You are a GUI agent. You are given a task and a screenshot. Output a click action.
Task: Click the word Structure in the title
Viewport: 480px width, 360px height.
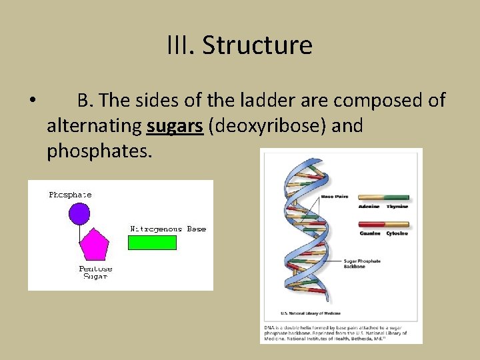[x=257, y=45]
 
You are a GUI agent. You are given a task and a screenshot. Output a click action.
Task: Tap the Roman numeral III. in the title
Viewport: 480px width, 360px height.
[x=181, y=45]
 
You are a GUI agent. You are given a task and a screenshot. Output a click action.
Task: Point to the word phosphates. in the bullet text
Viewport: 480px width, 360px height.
[x=100, y=151]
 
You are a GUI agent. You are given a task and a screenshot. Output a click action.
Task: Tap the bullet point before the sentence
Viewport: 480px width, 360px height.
[x=32, y=101]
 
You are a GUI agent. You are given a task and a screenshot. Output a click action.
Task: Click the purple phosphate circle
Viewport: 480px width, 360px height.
[x=79, y=213]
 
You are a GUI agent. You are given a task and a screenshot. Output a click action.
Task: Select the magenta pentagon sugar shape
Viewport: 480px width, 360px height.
[x=93, y=245]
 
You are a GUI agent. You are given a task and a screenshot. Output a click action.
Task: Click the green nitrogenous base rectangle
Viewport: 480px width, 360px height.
[x=153, y=242]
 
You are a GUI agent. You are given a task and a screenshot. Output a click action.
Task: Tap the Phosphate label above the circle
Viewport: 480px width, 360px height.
[x=70, y=195]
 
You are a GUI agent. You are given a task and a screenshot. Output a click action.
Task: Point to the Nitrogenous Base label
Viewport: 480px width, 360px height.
[x=168, y=229]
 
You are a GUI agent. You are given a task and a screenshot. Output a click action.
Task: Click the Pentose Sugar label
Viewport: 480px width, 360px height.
[x=95, y=272]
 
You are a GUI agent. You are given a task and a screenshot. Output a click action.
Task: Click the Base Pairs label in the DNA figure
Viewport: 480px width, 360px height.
[x=336, y=197]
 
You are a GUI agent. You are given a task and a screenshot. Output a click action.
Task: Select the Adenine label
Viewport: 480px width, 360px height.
[x=369, y=207]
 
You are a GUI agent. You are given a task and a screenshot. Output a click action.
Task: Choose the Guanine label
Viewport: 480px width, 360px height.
[x=369, y=233]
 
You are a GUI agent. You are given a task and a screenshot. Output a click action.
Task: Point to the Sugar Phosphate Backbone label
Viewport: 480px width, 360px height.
[x=362, y=263]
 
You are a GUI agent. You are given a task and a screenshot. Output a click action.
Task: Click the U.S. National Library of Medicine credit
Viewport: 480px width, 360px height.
[x=311, y=313]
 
